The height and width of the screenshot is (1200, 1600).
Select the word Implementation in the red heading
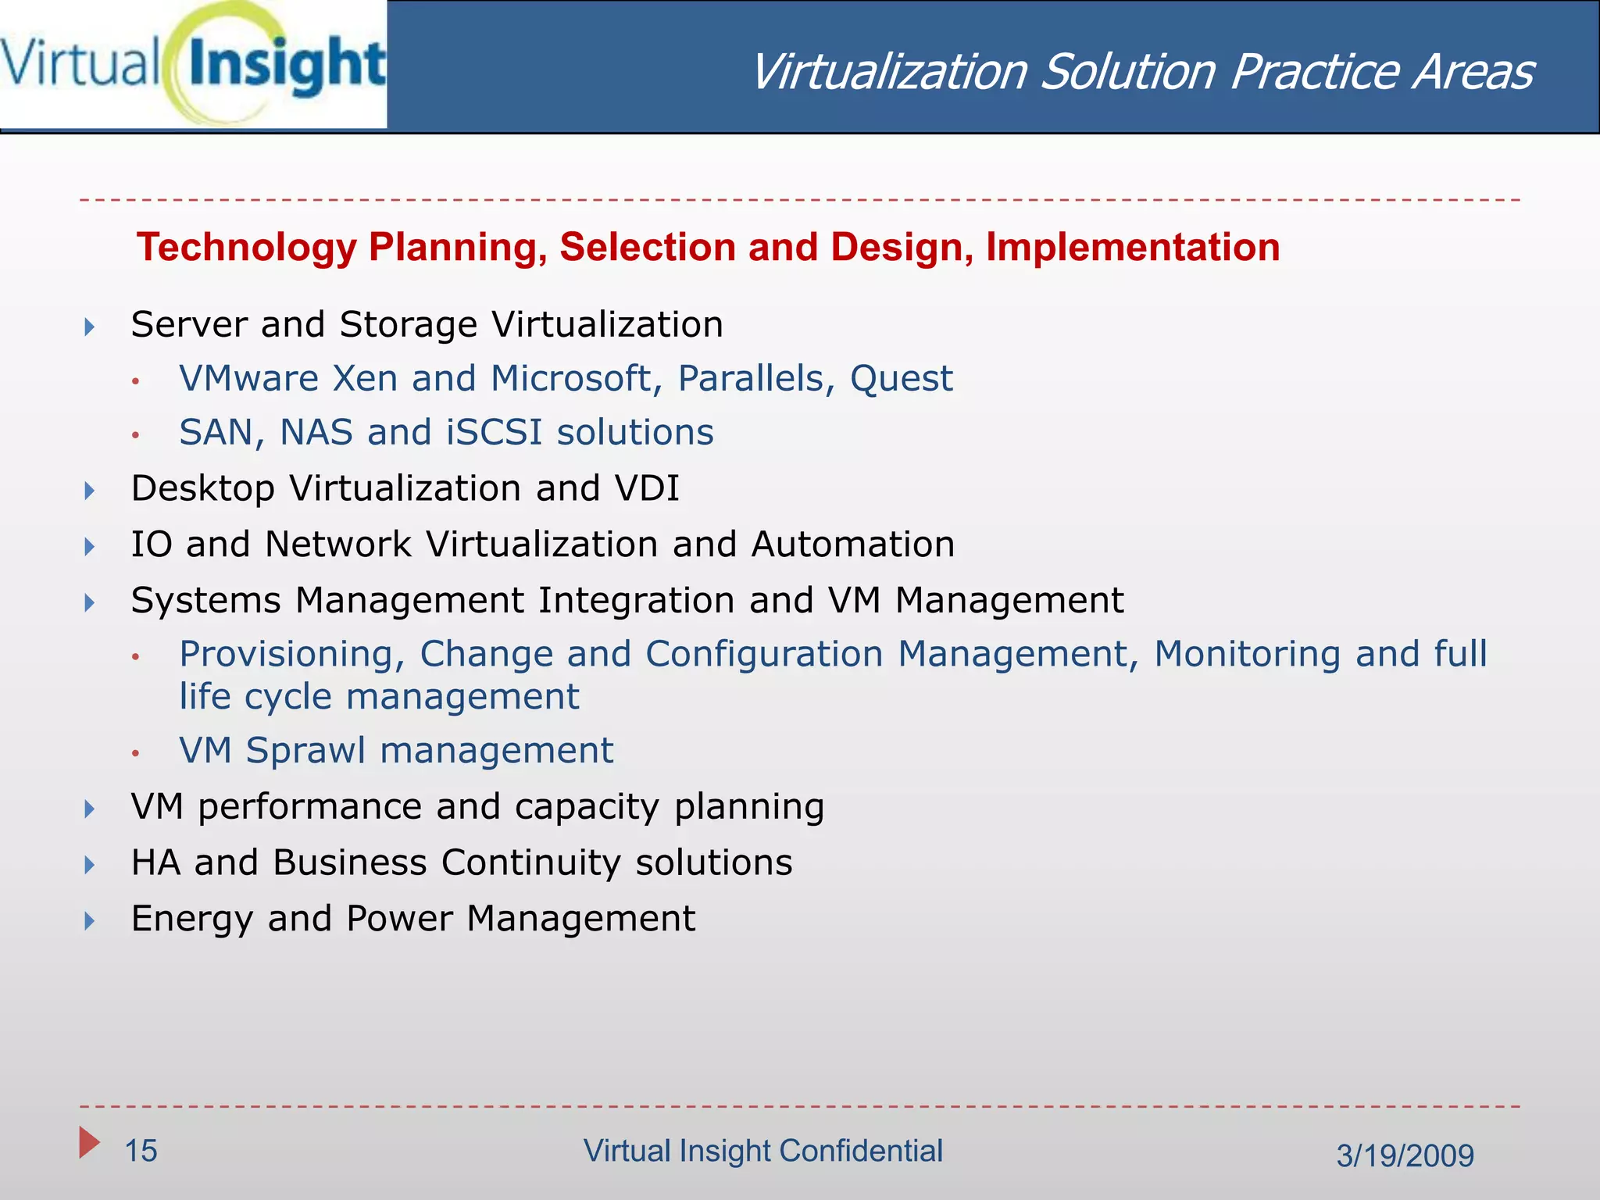1132,248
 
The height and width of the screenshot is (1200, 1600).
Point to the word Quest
901,379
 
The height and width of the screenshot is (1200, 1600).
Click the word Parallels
750,379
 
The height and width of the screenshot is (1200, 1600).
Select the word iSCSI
494,433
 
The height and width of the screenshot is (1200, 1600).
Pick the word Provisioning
292,655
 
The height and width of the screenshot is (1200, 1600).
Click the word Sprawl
305,751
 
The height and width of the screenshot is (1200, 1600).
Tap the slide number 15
141,1151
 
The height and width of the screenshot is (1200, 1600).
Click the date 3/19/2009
1405,1155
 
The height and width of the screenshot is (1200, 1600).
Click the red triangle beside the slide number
89,1143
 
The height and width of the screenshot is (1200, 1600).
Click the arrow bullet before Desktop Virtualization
90,491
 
